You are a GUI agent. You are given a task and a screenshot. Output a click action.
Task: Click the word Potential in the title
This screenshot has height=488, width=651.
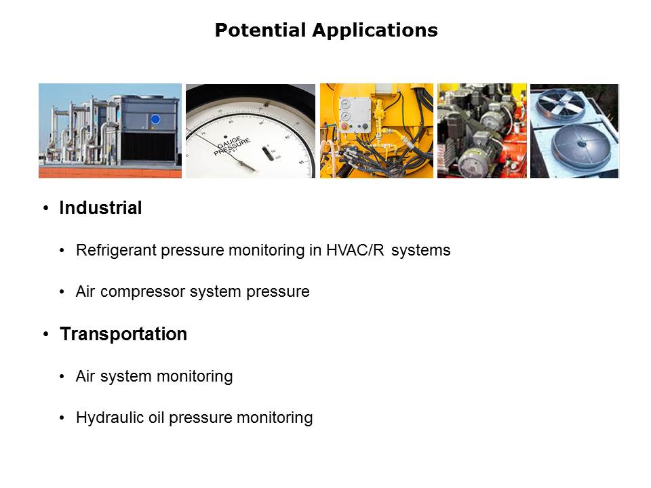260,30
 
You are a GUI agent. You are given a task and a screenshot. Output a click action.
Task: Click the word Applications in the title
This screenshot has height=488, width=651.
375,30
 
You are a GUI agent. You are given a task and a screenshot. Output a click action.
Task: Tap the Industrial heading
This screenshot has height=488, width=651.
100,208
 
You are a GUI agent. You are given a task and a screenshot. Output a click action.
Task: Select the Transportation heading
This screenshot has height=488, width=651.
123,334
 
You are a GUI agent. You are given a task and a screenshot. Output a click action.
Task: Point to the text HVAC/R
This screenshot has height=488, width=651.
355,250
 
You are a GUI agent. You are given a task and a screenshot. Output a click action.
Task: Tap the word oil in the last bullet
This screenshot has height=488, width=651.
157,418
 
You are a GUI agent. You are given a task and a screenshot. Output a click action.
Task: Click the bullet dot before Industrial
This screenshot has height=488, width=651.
46,208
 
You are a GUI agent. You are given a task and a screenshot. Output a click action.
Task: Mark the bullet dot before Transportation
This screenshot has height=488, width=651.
46,334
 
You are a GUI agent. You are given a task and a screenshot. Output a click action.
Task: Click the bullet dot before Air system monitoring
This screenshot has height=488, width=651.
62,376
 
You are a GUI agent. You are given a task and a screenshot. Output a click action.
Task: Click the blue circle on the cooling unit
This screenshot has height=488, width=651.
155,119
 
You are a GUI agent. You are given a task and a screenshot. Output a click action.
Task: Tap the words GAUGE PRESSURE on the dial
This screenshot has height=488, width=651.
232,146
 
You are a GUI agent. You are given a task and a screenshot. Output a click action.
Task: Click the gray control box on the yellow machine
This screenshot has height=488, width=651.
355,115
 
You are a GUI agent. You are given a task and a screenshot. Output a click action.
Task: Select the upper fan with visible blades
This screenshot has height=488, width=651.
561,103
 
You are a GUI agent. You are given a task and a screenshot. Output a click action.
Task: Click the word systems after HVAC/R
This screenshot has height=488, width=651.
420,250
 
